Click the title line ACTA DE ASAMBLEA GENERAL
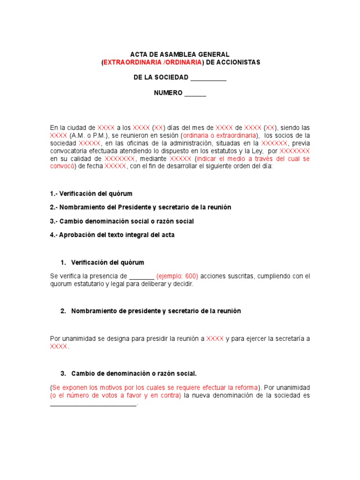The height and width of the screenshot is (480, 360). click(x=180, y=55)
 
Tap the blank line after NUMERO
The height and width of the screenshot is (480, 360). click(x=195, y=93)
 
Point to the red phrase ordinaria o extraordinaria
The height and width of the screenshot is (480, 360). click(x=220, y=135)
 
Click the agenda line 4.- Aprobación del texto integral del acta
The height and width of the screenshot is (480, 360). click(x=112, y=235)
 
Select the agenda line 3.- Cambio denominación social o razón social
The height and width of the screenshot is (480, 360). click(x=121, y=221)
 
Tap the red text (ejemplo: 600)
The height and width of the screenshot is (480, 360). click(x=177, y=276)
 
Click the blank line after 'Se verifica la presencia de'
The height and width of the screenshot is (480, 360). click(x=141, y=277)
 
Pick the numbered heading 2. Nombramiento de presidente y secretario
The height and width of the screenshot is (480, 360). click(x=150, y=311)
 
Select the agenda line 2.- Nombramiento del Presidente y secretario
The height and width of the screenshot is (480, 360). click(x=140, y=207)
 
